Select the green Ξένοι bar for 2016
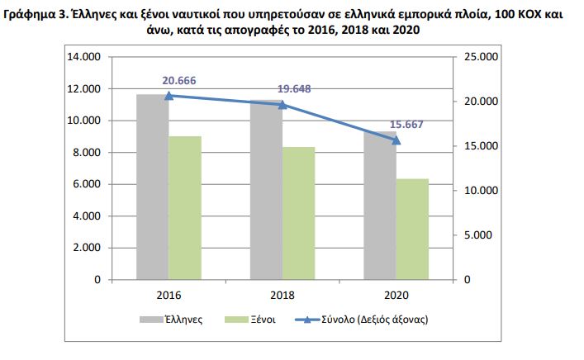(185, 207)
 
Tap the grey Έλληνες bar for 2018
(266, 190)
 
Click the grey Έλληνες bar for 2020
(379, 206)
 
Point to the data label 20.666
(180, 80)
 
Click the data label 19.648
(294, 89)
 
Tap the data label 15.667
(407, 125)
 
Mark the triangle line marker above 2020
(396, 140)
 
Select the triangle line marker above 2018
(283, 105)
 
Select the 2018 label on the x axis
(283, 295)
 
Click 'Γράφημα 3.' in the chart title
(38, 15)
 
